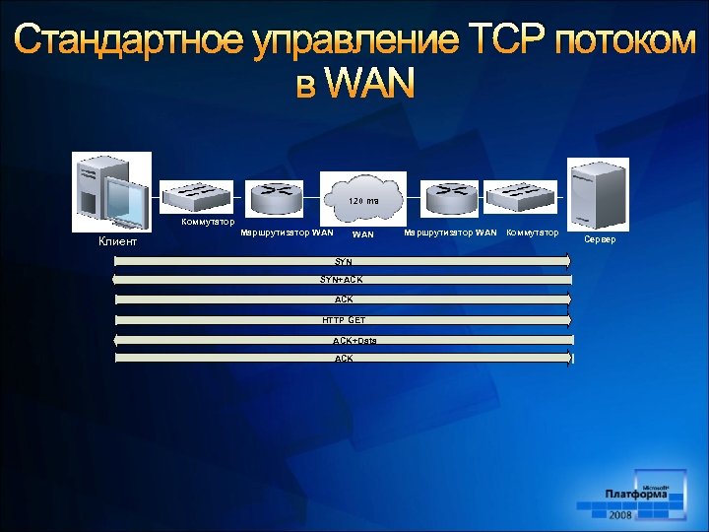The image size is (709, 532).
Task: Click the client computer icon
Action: click(x=111, y=192)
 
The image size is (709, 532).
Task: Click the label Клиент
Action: click(x=118, y=241)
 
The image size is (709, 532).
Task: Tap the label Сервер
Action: click(x=601, y=239)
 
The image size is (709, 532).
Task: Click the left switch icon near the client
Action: click(x=197, y=195)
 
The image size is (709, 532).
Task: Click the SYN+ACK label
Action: click(x=341, y=280)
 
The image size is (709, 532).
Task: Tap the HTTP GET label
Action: click(x=344, y=320)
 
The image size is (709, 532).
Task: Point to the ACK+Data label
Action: click(x=354, y=341)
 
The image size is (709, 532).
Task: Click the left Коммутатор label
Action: click(x=209, y=222)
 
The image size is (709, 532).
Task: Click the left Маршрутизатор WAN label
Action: click(x=287, y=233)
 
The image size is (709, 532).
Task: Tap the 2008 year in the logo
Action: click(x=620, y=515)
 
